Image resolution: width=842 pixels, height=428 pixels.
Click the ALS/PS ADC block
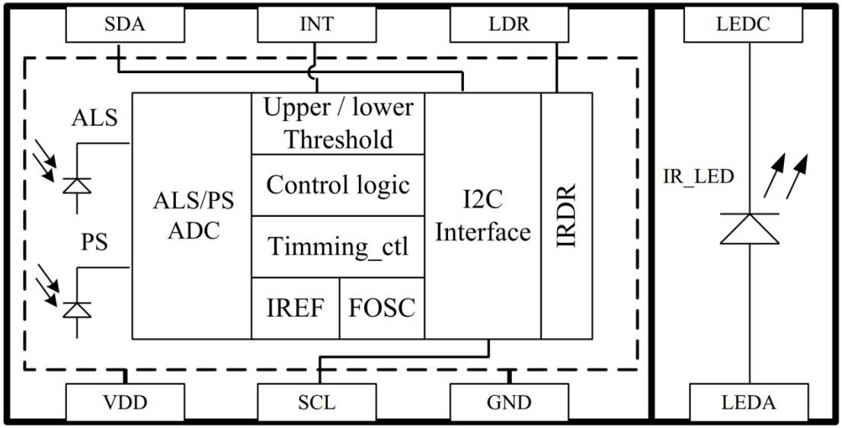192,216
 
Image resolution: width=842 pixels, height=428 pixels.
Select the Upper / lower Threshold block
338,123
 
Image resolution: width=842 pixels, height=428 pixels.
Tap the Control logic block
338,185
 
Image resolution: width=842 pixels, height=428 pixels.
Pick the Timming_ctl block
338,247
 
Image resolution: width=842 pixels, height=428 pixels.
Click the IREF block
296,308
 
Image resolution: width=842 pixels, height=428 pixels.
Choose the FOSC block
382,308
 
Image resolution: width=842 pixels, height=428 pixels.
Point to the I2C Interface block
482,216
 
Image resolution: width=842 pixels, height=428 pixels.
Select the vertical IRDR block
566,216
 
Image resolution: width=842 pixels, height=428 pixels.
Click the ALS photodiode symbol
75,186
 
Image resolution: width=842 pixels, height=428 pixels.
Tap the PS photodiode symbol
75,308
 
